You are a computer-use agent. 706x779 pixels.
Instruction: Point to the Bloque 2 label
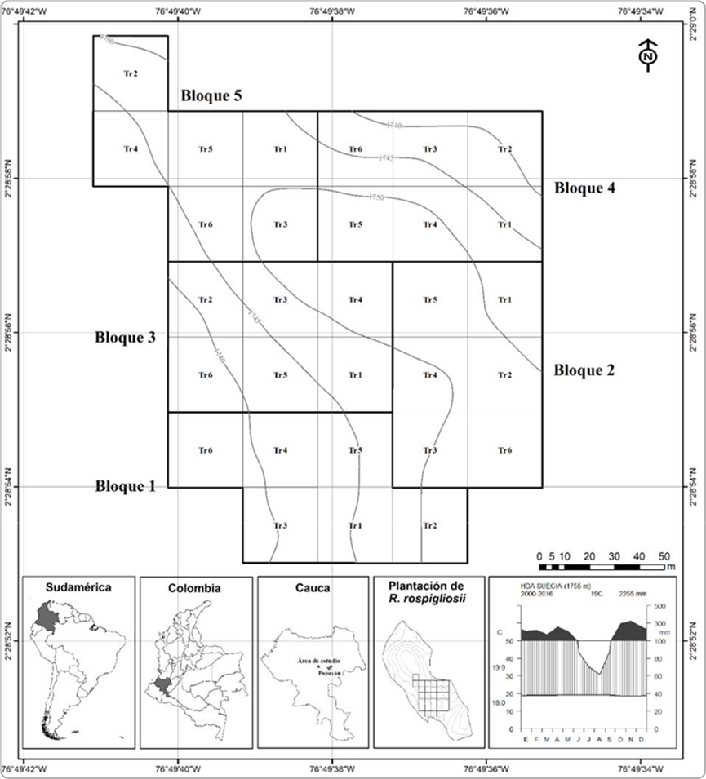[584, 370]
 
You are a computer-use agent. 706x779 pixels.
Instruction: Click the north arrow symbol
[647, 55]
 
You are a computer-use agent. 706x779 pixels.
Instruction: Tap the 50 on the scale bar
[664, 555]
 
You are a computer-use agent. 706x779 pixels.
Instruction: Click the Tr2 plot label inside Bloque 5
[130, 73]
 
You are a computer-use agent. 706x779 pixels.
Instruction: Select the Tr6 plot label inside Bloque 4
[355, 149]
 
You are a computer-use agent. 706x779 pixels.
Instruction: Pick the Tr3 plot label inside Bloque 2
[430, 450]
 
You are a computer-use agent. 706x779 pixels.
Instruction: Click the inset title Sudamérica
[78, 587]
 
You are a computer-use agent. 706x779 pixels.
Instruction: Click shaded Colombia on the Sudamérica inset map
[45, 614]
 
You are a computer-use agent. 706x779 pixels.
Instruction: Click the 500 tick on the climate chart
[659, 606]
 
